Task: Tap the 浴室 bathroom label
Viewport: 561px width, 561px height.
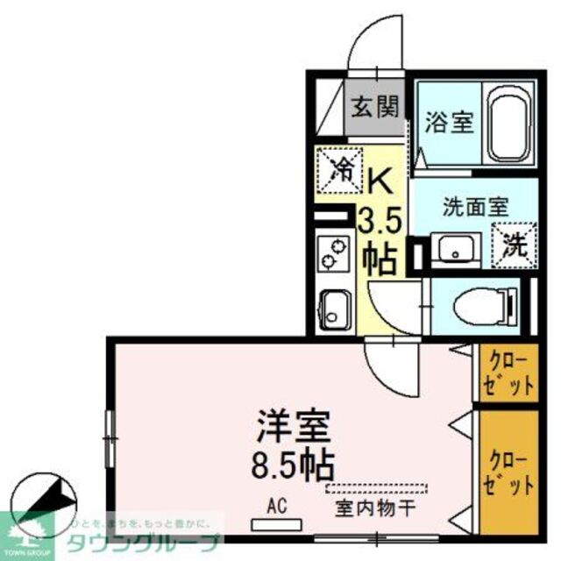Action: (x=451, y=123)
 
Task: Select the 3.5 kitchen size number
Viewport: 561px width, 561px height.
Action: (x=380, y=219)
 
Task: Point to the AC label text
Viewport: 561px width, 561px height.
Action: (x=277, y=507)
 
